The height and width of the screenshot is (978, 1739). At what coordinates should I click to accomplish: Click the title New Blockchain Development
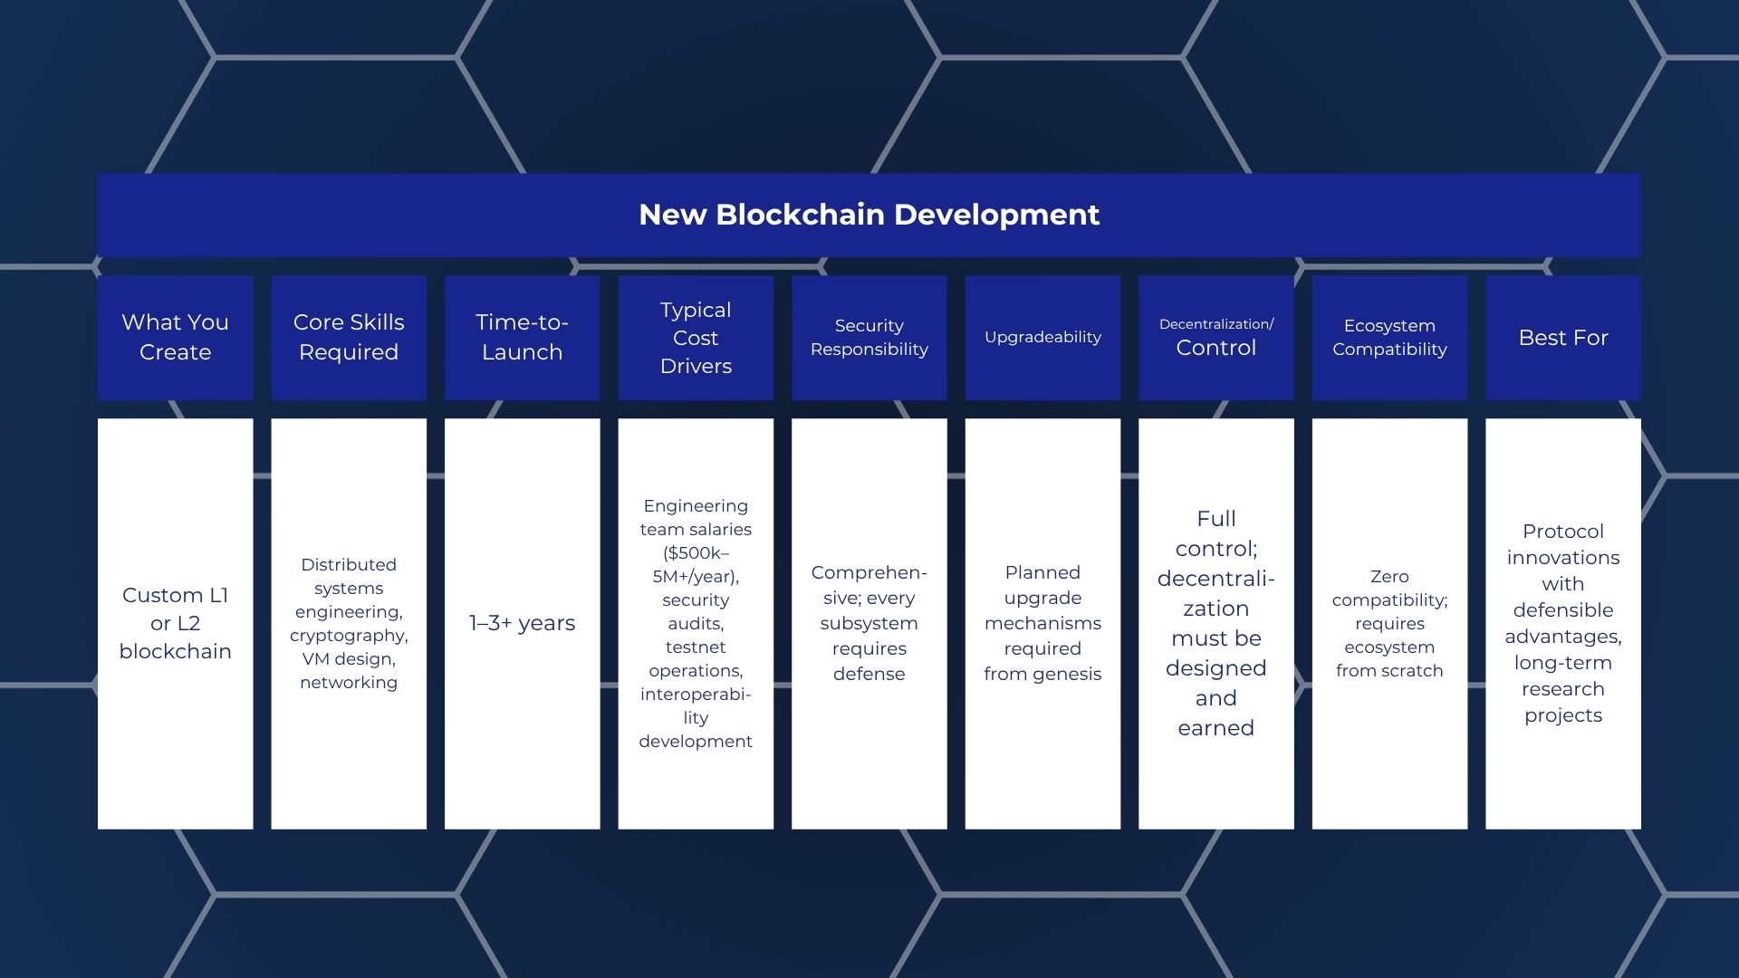(869, 215)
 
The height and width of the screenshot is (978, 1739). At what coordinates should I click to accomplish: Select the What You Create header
(175, 337)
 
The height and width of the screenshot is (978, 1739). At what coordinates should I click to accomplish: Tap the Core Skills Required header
(349, 337)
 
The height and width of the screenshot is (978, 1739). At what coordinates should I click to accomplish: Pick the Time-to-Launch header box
(522, 337)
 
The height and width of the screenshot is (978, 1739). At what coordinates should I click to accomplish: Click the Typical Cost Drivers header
(696, 338)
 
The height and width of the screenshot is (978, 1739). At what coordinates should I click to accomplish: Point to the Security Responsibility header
(869, 337)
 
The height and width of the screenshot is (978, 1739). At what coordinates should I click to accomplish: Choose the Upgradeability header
(1042, 337)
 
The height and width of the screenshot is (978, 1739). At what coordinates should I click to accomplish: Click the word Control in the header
(1215, 348)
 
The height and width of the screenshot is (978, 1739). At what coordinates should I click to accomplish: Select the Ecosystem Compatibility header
(1389, 337)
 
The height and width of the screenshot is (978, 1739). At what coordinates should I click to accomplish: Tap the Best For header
(1563, 338)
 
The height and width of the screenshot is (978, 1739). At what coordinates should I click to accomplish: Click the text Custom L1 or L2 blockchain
(175, 623)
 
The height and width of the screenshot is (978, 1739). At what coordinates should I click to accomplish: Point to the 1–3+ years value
(522, 623)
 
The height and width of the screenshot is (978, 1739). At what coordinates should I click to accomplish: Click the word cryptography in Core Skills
(349, 636)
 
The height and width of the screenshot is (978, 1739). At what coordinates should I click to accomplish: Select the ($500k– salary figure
(696, 552)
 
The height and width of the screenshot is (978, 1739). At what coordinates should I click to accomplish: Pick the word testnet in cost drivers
(696, 647)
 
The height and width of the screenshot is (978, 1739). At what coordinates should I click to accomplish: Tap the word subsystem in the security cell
(869, 623)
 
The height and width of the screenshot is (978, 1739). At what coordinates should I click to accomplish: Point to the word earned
(1215, 728)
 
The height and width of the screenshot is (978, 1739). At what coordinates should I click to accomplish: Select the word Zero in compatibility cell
(1389, 576)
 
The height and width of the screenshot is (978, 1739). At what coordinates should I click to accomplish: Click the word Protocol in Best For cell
(1563, 532)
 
